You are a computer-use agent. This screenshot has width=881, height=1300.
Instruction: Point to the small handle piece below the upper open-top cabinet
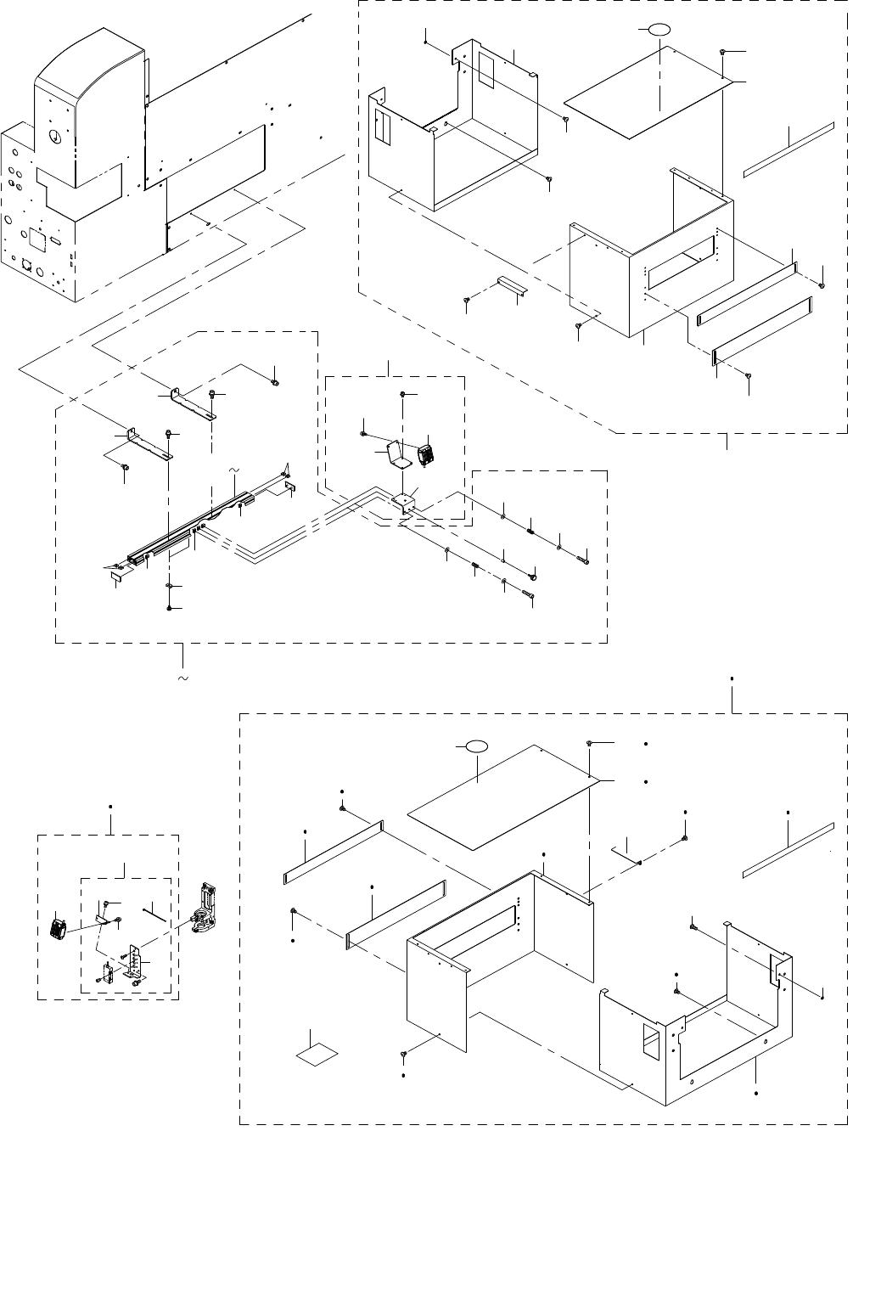[512, 285]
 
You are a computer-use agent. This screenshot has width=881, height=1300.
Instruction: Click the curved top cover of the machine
[93, 68]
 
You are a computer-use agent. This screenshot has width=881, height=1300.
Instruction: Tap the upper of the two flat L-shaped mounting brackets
[194, 404]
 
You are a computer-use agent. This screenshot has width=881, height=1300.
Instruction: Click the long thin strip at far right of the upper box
[788, 149]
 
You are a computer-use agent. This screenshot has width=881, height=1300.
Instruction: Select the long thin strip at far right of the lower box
[788, 849]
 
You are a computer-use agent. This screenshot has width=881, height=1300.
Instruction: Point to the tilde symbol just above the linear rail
[235, 469]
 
